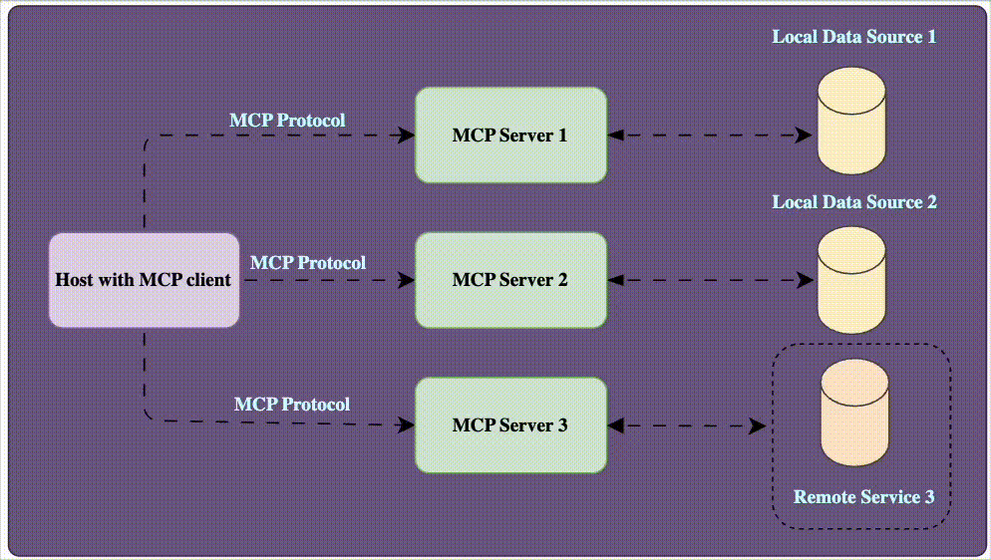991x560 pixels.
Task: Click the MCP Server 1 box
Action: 510,136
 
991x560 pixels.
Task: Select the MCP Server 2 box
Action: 510,280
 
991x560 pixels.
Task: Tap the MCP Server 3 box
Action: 510,425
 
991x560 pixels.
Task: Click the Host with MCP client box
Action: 144,280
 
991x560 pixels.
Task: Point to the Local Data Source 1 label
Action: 854,37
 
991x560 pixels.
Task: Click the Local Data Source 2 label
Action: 854,202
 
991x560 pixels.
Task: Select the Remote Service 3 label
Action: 863,496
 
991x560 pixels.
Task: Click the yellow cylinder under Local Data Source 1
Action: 851,122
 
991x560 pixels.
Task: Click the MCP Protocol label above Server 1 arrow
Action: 287,121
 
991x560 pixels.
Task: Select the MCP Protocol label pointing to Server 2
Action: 307,263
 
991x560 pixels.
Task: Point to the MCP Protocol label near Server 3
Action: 291,405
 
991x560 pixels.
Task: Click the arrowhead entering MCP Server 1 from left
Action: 407,136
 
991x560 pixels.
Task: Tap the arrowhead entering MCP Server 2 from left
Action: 407,280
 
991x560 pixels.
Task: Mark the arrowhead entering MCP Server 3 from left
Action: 407,425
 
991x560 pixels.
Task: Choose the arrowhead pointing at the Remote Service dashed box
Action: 761,425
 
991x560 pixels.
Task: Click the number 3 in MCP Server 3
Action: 561,425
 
